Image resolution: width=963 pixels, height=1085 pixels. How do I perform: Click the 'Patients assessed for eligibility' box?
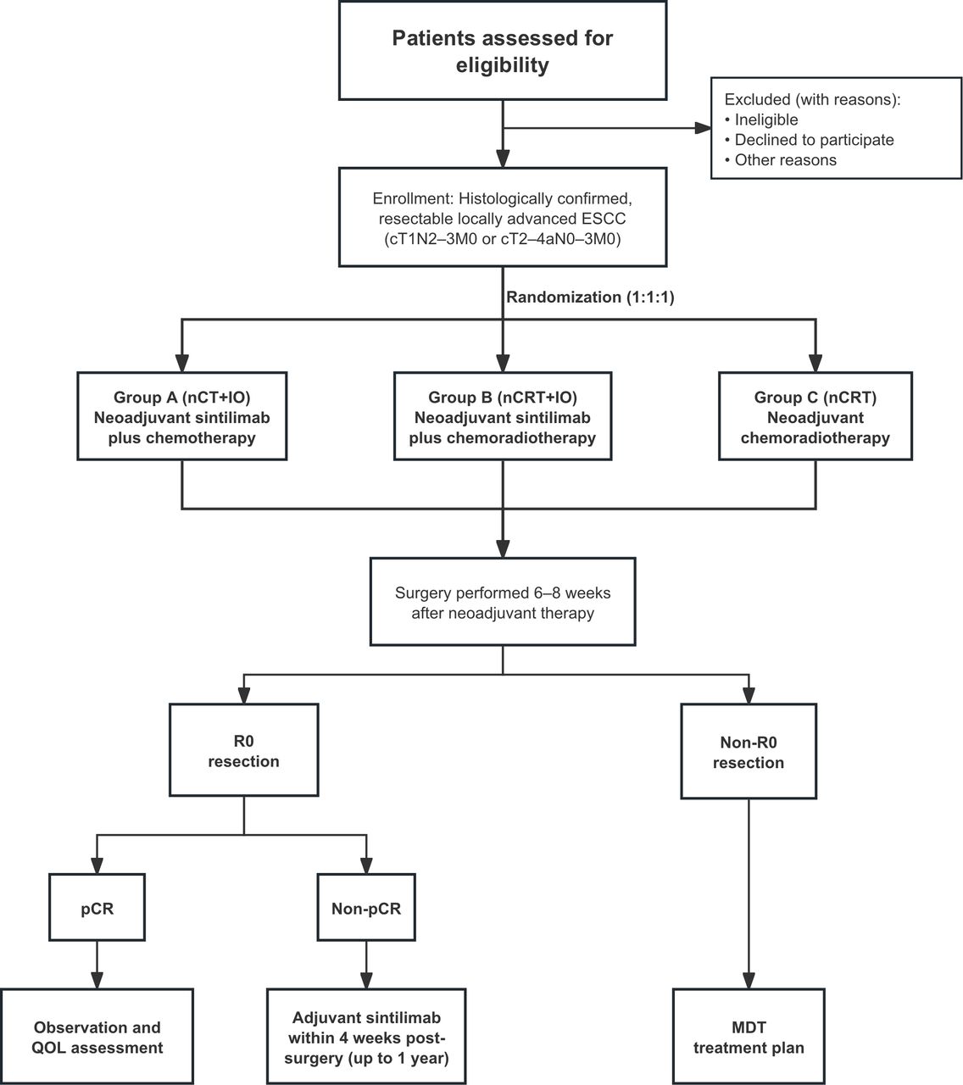(x=503, y=50)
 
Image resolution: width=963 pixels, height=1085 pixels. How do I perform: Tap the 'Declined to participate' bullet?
(x=810, y=140)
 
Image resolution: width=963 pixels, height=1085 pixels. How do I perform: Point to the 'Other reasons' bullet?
(x=781, y=159)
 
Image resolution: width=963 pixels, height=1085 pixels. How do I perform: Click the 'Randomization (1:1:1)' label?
(x=590, y=297)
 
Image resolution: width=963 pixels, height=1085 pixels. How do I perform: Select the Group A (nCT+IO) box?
(x=182, y=416)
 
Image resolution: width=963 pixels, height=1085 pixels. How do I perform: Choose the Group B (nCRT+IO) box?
(x=503, y=416)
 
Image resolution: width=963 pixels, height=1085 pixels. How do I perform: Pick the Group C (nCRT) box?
(x=815, y=416)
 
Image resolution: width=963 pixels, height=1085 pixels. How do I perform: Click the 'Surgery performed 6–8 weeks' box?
(x=503, y=601)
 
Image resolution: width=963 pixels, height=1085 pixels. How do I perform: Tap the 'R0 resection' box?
(x=243, y=750)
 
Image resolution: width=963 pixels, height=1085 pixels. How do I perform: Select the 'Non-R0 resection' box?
(x=749, y=751)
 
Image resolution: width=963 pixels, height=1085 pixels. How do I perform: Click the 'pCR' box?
(x=97, y=908)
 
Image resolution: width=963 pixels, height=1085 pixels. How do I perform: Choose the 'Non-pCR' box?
(x=366, y=908)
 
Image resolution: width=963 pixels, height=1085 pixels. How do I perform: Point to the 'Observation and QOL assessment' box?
(x=97, y=1037)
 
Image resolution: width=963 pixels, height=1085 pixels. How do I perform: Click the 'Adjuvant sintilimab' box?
(x=366, y=1037)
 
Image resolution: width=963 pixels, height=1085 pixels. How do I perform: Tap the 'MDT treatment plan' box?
(x=749, y=1037)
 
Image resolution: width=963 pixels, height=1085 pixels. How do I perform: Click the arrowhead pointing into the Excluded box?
(x=703, y=128)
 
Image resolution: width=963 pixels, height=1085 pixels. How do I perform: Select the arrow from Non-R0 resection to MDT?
(x=749, y=893)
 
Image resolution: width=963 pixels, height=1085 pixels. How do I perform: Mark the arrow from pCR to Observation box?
(x=97, y=965)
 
